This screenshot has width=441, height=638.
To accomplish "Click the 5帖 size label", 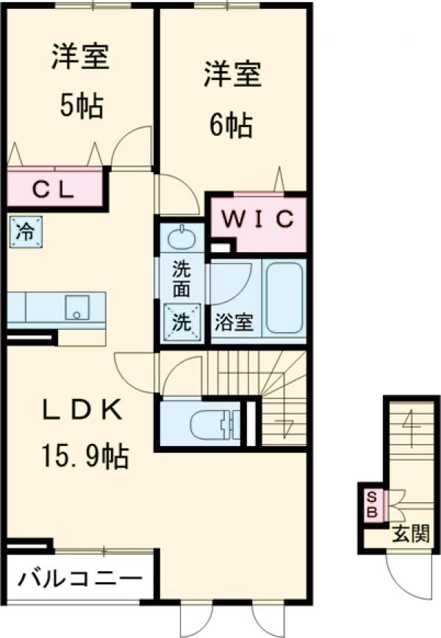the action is point(82,106).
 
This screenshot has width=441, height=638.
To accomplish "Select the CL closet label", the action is point(54,190).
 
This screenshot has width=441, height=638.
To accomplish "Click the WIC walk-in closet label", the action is point(258,220).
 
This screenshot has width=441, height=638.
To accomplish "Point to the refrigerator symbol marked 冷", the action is point(25,232).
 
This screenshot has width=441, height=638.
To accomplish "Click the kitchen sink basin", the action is point(77,307).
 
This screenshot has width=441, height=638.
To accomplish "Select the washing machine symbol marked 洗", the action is point(182,323).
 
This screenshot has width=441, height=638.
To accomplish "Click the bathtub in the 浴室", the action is point(284,298).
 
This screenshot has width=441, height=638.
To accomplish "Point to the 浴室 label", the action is point(234,323).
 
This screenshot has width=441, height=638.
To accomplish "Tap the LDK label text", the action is point(83,409).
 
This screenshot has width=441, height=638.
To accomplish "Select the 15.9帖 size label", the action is point(85,456).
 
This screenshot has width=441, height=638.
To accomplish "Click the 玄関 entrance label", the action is point(410,534).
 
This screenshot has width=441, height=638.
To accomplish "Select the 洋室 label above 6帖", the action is point(233,74).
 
